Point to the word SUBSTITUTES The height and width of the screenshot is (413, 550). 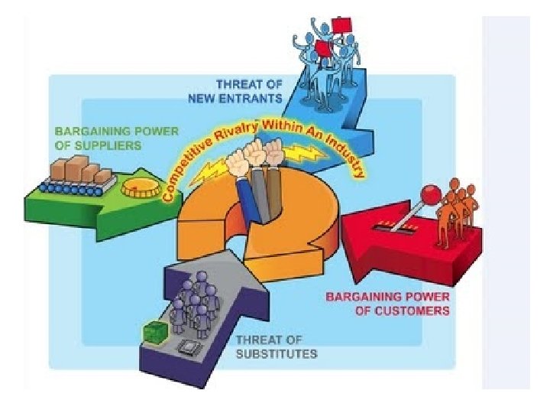click(277, 353)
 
